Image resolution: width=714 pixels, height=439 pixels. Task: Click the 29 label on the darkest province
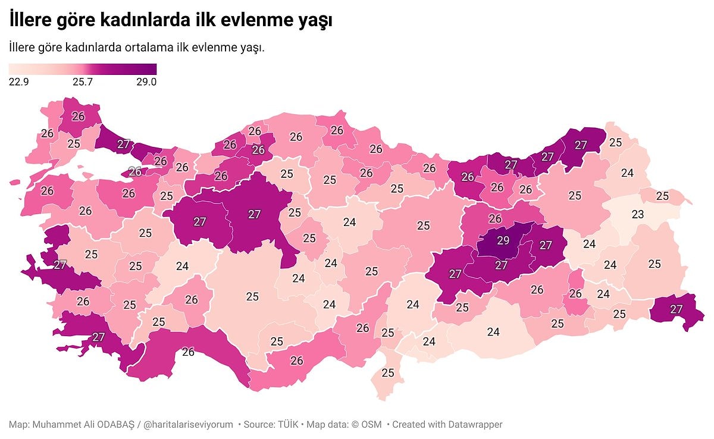503,241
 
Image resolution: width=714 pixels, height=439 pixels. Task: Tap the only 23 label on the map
637,214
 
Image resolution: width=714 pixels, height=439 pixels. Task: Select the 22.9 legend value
19,82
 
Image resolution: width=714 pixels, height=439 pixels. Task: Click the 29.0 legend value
146,82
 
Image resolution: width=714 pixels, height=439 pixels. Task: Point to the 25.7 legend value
82,82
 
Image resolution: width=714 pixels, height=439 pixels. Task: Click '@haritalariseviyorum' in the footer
189,424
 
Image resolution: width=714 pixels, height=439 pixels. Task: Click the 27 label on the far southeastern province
676,309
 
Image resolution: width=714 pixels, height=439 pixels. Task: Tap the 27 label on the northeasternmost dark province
581,145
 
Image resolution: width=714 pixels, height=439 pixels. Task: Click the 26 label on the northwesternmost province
78,117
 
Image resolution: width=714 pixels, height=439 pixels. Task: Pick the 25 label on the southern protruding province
388,373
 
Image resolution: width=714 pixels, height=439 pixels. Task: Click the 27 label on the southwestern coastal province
99,337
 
